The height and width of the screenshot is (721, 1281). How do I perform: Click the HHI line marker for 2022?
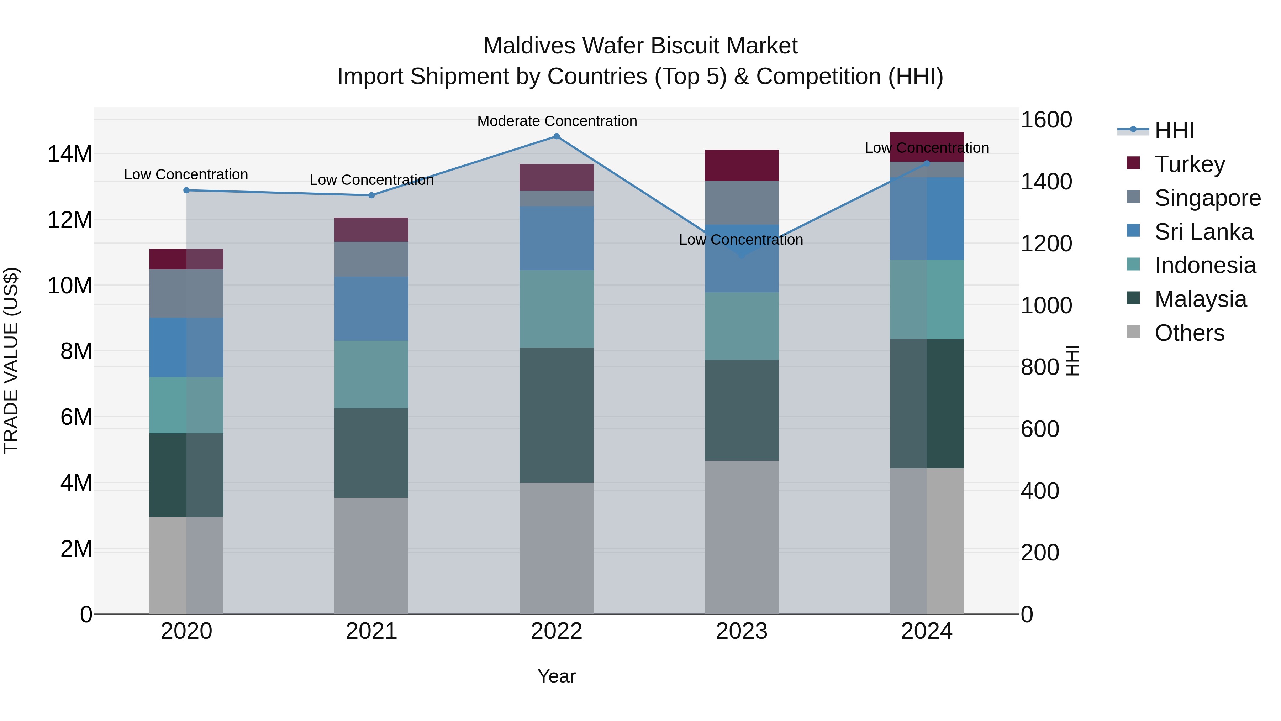557,136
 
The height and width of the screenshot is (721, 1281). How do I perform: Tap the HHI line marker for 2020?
186,190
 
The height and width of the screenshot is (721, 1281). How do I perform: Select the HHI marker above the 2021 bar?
371,195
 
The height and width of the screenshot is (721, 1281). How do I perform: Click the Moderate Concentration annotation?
557,121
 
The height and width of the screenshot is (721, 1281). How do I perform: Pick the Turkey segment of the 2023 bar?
742,165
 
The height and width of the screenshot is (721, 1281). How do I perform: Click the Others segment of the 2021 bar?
371,555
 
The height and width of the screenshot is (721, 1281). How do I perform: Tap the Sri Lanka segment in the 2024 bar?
927,219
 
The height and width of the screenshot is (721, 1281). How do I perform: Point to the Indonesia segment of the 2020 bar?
186,405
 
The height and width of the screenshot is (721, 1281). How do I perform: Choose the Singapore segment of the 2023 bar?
742,203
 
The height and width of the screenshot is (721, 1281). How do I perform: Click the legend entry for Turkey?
1190,164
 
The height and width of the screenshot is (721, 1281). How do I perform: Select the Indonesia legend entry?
1204,265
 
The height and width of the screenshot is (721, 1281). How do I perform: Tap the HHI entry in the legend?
1174,130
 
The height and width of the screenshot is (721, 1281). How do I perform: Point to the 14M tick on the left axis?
70,154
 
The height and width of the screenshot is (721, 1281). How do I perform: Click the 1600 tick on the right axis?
1046,120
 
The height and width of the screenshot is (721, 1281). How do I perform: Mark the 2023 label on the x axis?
742,631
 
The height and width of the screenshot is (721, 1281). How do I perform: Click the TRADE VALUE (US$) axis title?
11,360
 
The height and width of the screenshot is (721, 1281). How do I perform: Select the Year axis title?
557,676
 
